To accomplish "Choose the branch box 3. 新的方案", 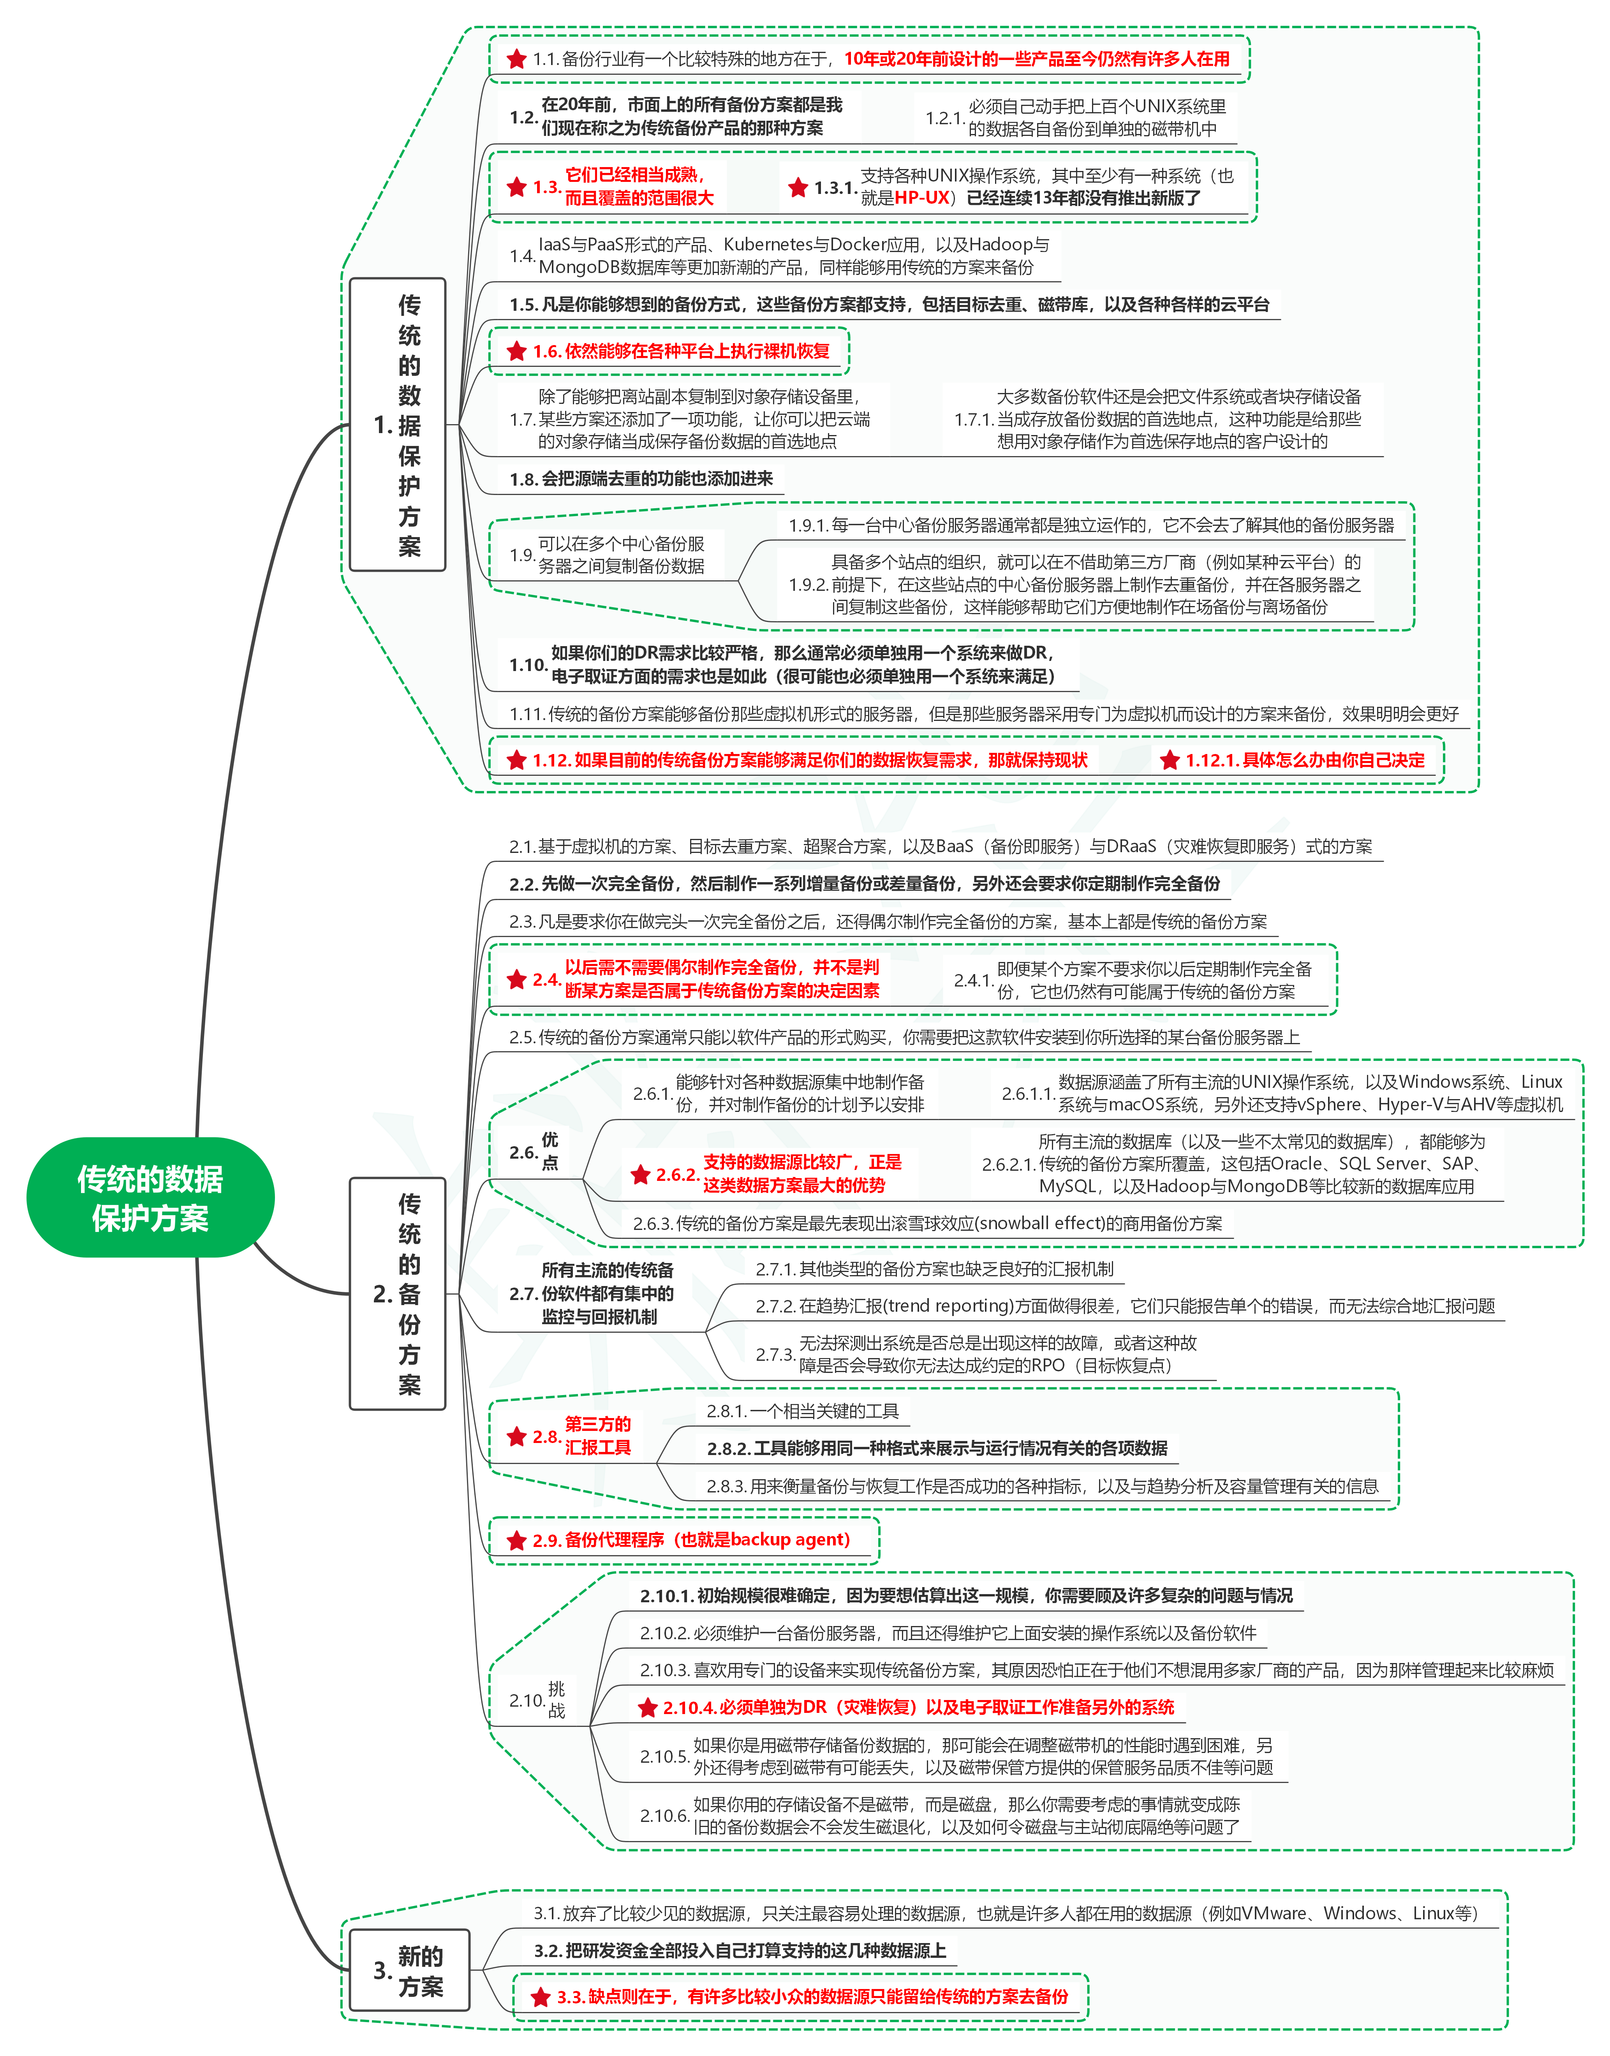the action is click(x=409, y=1970).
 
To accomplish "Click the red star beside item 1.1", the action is click(x=516, y=59).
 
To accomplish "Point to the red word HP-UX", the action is click(x=922, y=198).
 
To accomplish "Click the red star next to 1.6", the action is click(x=516, y=352).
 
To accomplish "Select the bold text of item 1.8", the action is click(x=641, y=479).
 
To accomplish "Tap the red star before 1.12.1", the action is click(x=1170, y=760).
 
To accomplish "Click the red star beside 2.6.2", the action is click(x=641, y=1175).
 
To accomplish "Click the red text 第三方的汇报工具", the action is click(x=598, y=1436).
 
